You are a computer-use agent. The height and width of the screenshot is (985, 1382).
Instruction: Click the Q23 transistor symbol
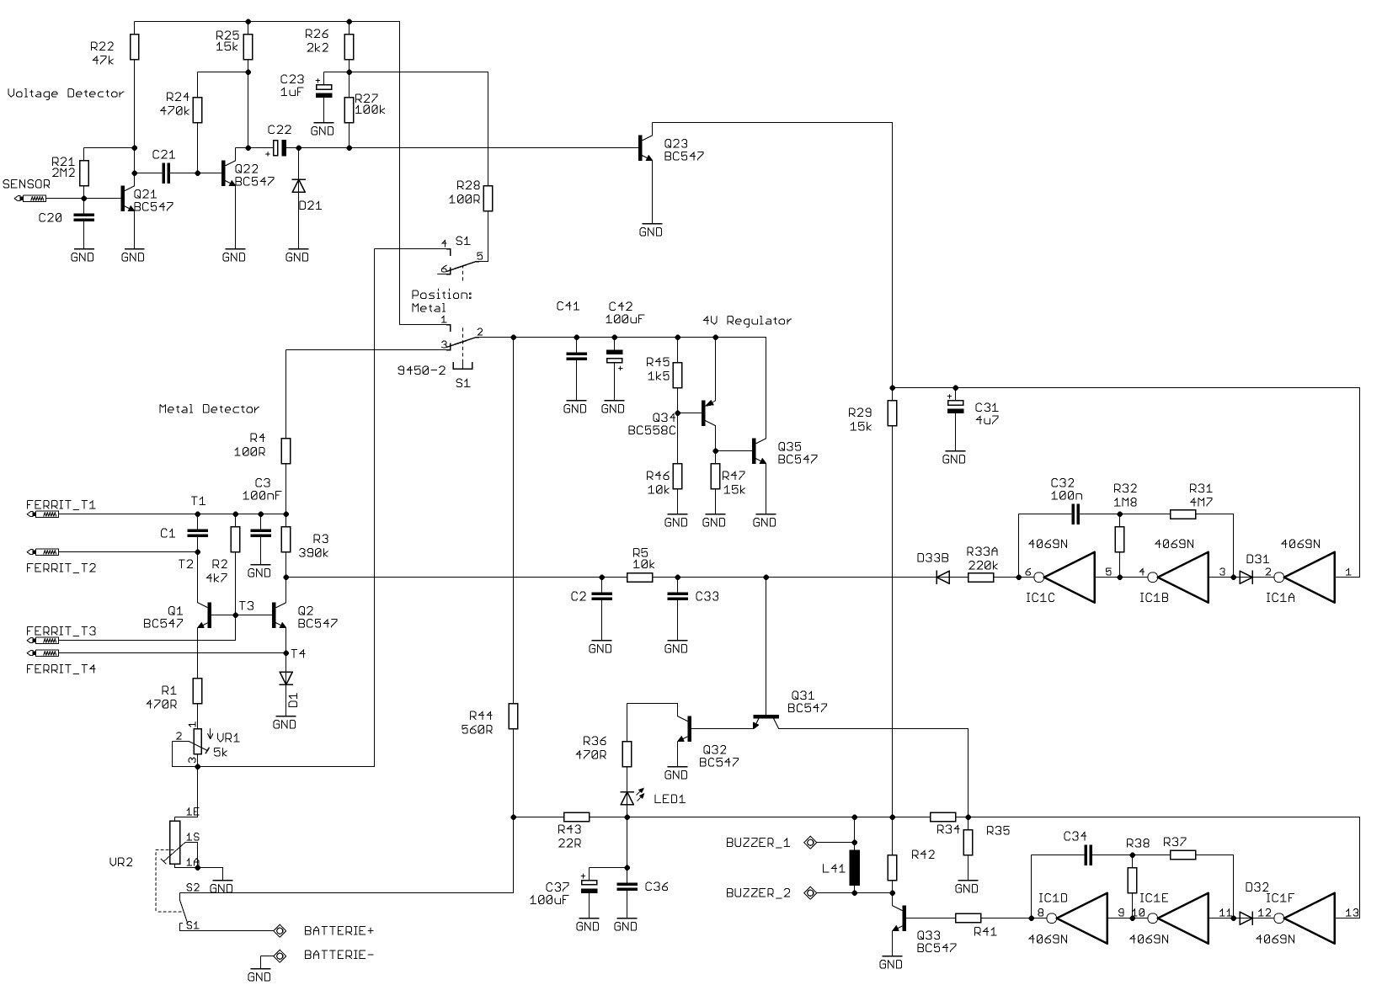tap(645, 148)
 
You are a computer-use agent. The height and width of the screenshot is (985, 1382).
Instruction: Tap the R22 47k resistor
tap(135, 47)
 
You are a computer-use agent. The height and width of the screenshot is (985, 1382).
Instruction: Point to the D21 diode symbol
tap(299, 186)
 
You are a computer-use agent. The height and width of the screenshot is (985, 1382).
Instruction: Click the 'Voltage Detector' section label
tap(66, 93)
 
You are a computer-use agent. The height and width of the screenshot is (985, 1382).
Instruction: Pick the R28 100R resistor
tap(488, 198)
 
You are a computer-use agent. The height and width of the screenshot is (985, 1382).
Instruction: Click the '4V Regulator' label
tap(746, 320)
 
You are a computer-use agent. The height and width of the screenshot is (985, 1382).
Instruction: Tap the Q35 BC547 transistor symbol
tap(758, 451)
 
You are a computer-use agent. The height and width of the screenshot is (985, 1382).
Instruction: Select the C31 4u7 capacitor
tap(955, 405)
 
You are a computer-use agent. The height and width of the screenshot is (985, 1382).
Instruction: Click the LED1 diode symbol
tap(627, 798)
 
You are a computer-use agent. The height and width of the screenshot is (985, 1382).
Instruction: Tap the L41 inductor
tap(855, 867)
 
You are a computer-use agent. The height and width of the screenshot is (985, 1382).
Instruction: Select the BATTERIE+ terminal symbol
tap(280, 931)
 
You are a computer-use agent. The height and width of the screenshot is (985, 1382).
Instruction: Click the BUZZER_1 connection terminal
tap(810, 842)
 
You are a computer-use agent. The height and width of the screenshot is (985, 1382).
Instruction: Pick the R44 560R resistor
tap(513, 716)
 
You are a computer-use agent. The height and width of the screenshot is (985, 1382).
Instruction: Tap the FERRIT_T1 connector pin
tap(43, 514)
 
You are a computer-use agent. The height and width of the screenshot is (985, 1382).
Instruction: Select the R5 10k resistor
tap(640, 578)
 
